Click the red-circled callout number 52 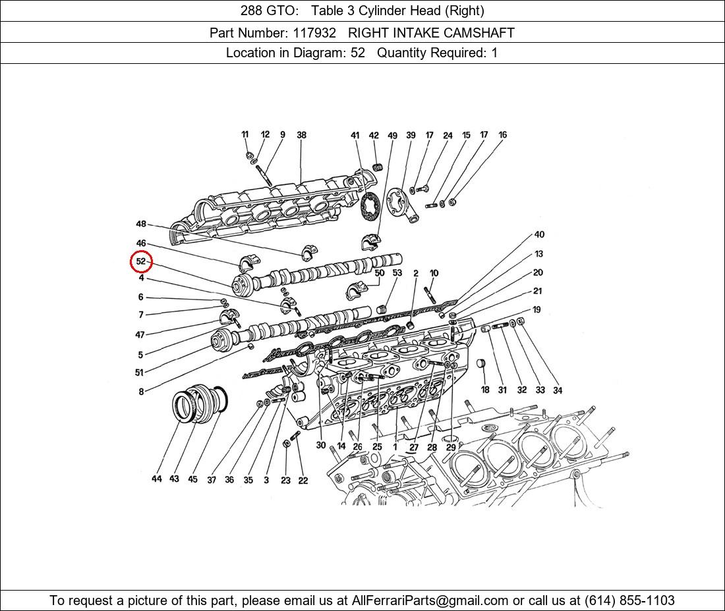point(141,261)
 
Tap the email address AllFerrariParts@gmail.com point(430,600)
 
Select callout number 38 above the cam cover point(301,135)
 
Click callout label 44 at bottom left point(156,479)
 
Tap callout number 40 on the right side point(539,234)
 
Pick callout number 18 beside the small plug point(485,390)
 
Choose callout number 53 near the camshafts point(397,273)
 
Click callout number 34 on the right point(558,390)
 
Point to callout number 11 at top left point(245,134)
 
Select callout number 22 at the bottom point(303,480)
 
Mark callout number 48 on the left point(141,224)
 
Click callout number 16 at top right point(502,135)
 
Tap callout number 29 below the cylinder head point(451,447)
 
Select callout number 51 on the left point(139,373)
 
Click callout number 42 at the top point(374,136)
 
